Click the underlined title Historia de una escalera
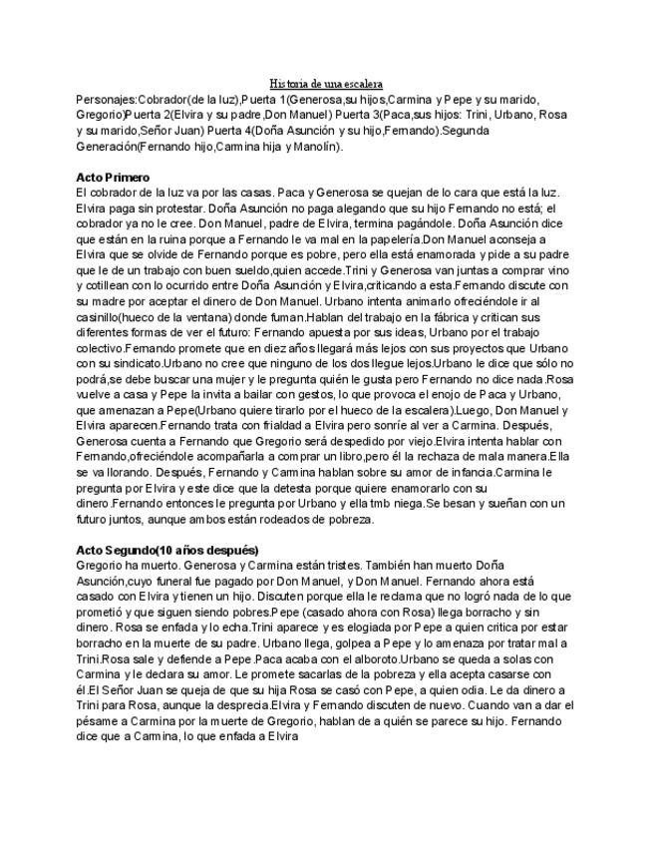(326, 84)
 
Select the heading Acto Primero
(111, 177)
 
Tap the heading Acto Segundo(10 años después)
(167, 550)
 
